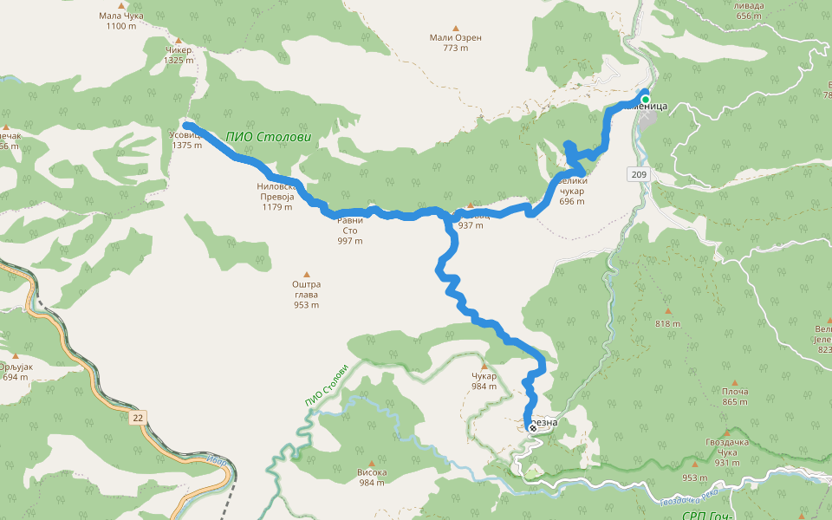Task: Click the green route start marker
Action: [x=645, y=99]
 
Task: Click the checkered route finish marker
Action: [x=532, y=427]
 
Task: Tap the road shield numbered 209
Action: [x=639, y=175]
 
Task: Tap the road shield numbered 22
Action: [x=138, y=418]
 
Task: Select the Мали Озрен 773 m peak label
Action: [x=455, y=42]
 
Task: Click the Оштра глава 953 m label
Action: [x=306, y=294]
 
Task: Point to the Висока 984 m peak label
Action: [x=372, y=477]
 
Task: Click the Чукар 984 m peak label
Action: [x=484, y=380]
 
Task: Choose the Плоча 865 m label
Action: [x=735, y=396]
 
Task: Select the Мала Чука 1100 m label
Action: [x=120, y=20]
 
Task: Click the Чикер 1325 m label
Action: [x=179, y=55]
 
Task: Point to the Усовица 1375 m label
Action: [x=186, y=140]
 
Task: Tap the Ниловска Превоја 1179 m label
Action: [x=277, y=197]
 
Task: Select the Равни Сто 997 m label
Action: [x=350, y=230]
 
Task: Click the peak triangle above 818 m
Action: [x=668, y=310]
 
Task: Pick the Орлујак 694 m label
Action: [x=16, y=372]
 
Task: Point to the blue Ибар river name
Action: [x=218, y=460]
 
